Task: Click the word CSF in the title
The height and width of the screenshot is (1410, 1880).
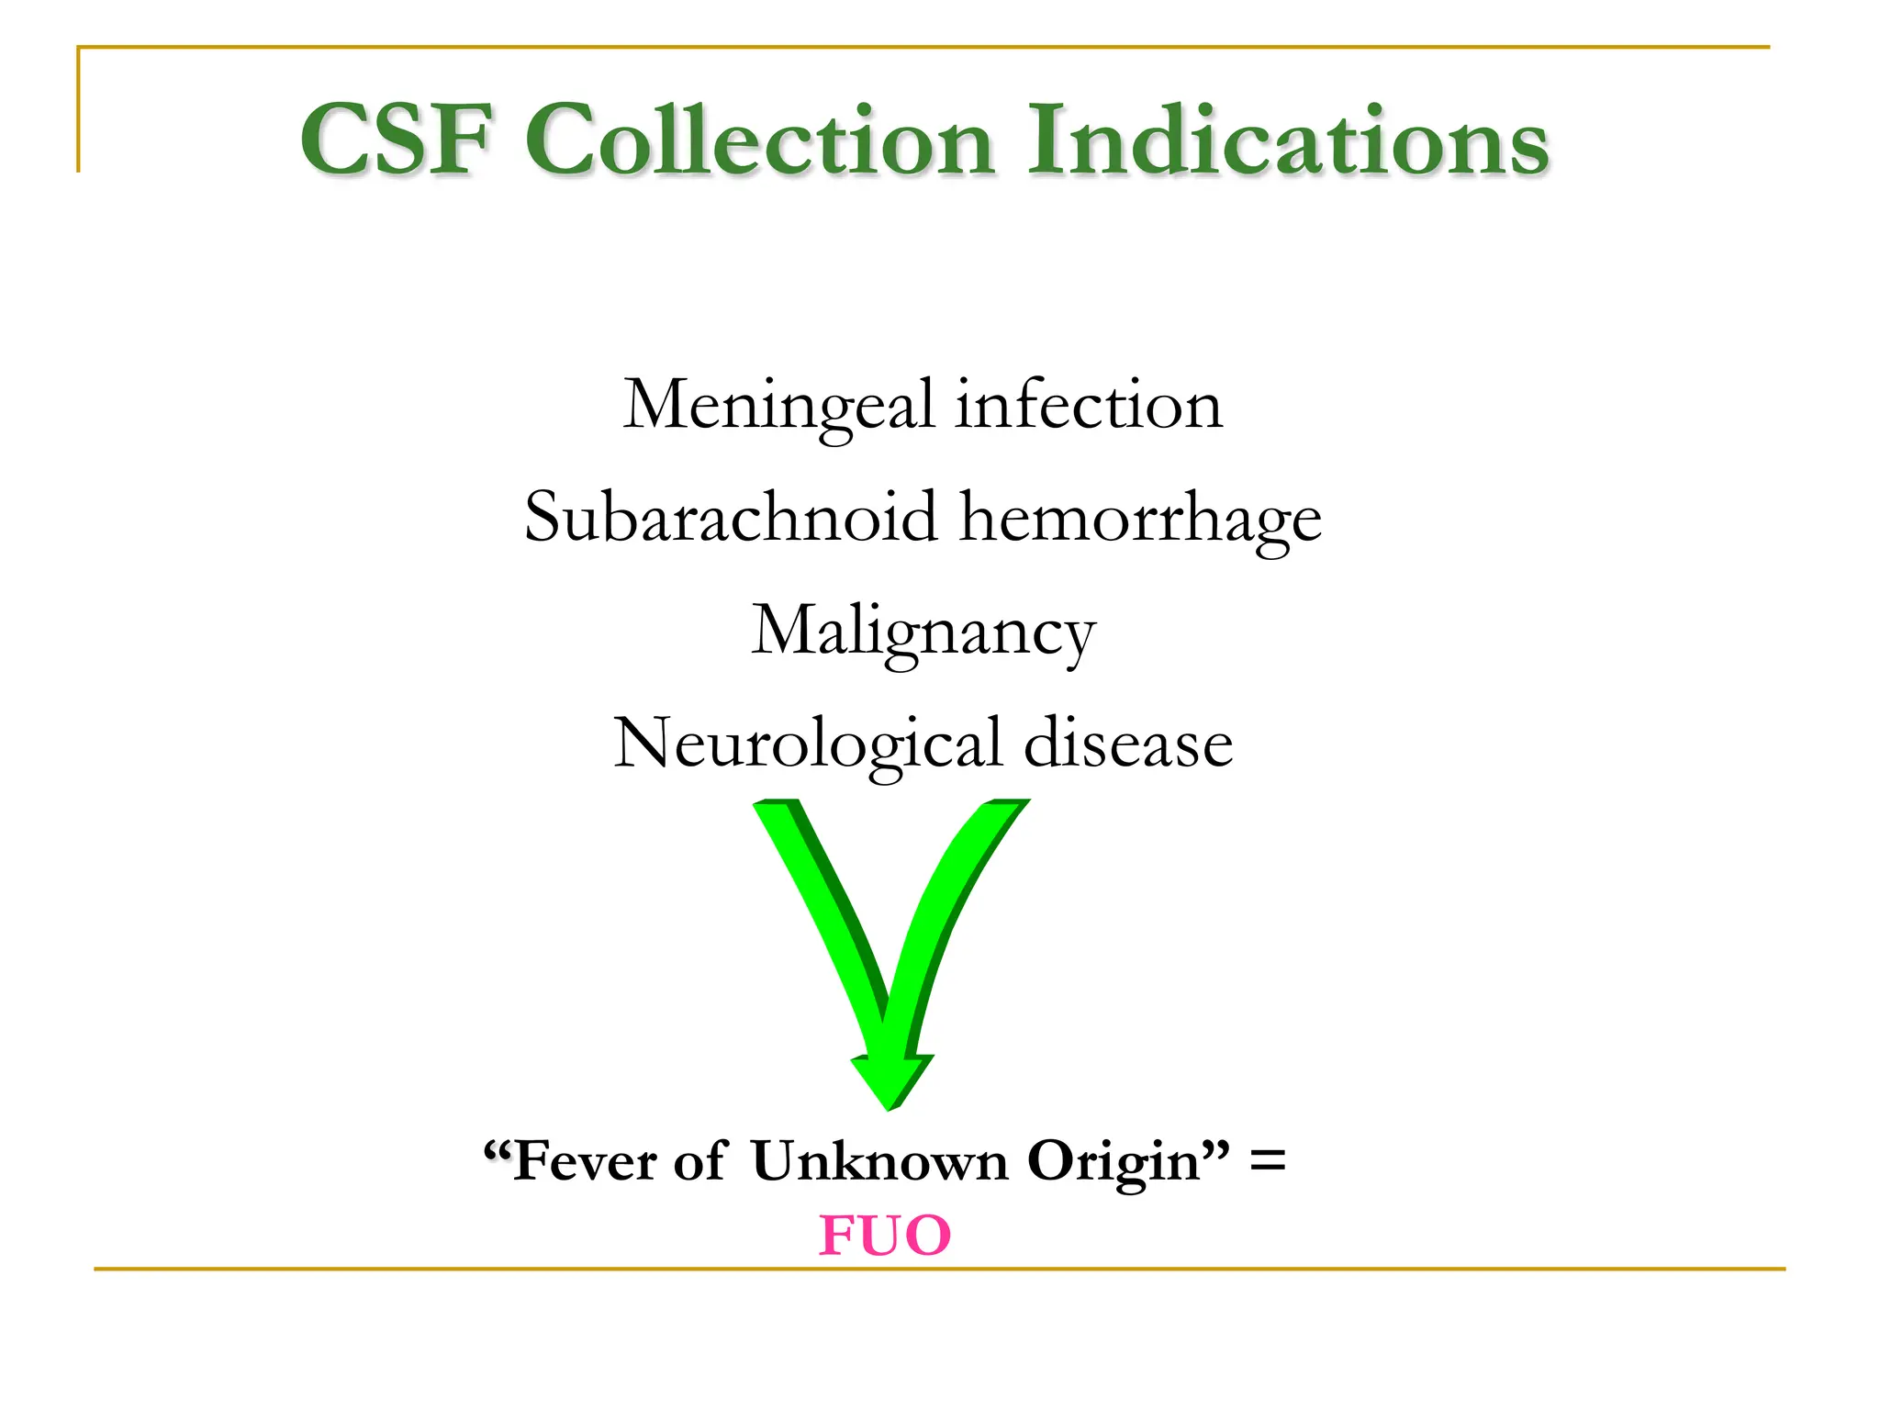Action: coord(397,140)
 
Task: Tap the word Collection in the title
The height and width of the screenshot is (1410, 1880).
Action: coord(760,140)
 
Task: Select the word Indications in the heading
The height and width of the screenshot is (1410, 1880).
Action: coord(1287,140)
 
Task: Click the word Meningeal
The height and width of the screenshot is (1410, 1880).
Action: coord(778,406)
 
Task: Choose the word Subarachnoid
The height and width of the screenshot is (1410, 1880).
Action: coord(732,517)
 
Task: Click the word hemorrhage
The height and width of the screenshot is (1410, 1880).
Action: coord(1140,519)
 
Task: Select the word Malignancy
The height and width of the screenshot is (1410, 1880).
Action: coord(923,632)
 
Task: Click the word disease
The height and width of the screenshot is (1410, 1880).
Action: coord(1128,743)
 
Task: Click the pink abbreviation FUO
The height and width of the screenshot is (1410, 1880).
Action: coord(885,1235)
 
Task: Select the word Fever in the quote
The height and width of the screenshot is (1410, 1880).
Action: coord(585,1161)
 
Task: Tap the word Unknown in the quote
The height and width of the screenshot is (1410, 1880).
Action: coord(879,1161)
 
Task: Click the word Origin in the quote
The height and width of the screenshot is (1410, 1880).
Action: coord(1113,1163)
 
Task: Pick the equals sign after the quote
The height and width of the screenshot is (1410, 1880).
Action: coord(1268,1161)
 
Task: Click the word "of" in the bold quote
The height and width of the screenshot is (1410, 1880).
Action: coord(701,1161)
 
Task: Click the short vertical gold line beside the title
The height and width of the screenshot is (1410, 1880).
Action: coord(79,110)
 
